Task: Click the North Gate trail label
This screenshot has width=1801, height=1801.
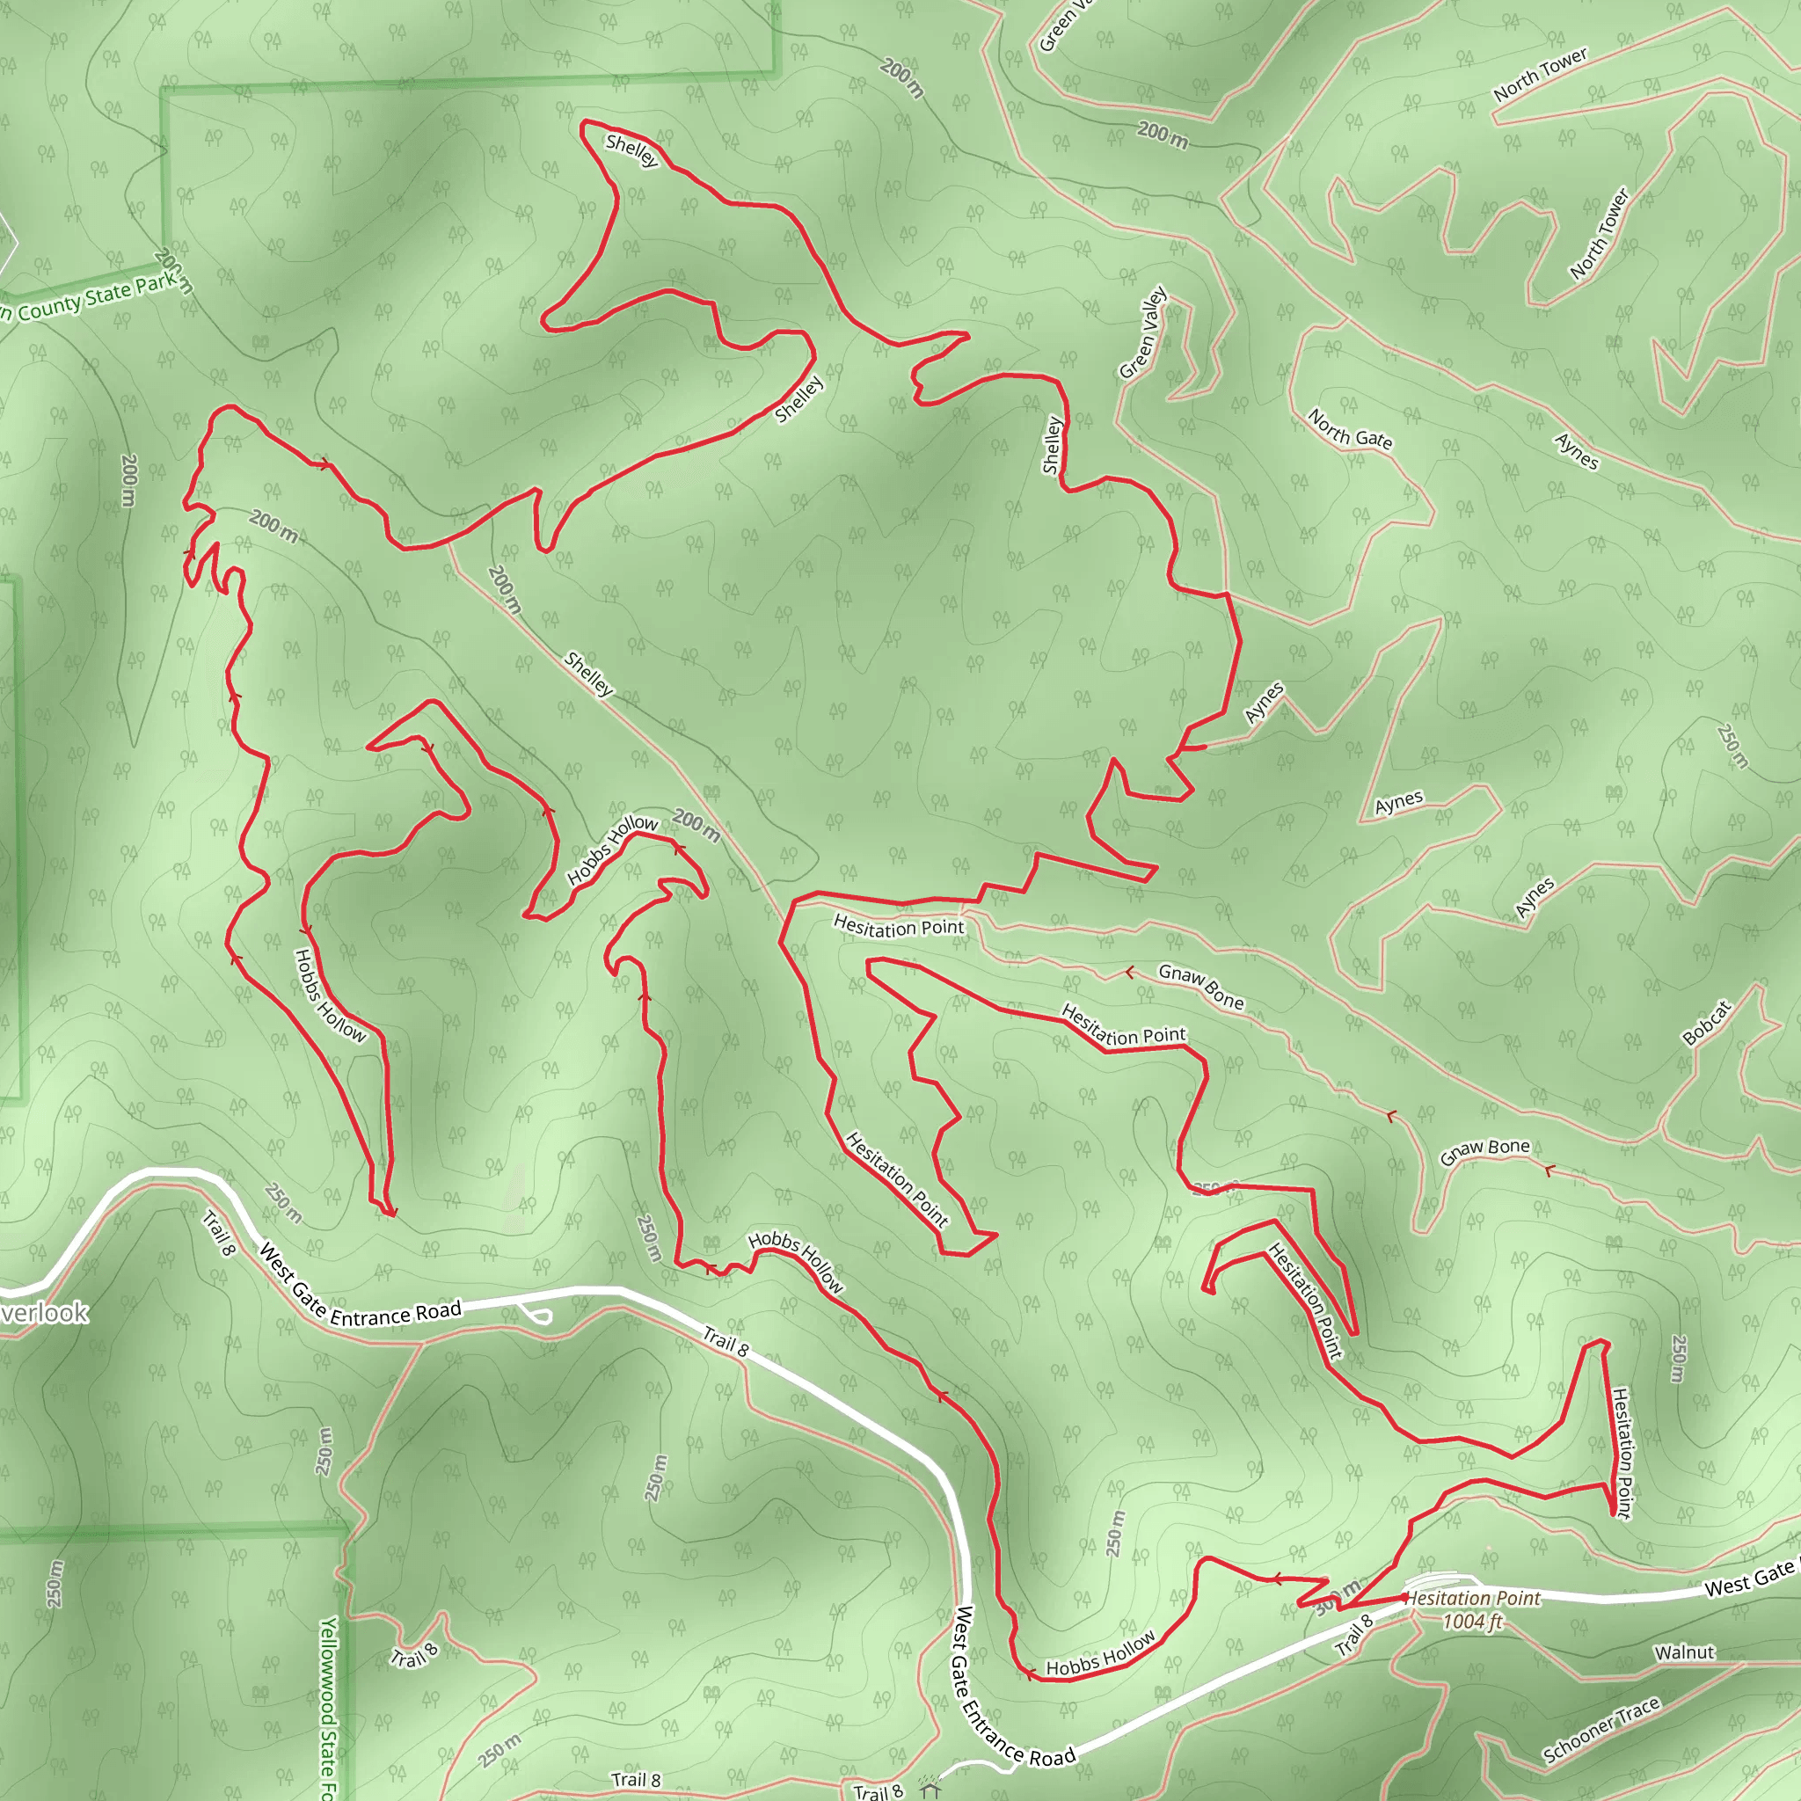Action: click(1349, 429)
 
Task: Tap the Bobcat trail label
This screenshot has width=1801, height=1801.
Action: click(1707, 1023)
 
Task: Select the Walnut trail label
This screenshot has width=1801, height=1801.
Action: click(1684, 1652)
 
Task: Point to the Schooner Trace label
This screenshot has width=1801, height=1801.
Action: click(1600, 1730)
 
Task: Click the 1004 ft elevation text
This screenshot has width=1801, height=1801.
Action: click(1472, 1622)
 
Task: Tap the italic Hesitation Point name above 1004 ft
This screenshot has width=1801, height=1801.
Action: click(1473, 1598)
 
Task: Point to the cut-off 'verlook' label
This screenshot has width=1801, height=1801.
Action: click(44, 1313)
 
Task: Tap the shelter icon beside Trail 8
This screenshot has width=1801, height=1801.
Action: click(930, 1790)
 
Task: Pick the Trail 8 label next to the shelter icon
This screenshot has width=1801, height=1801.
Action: click(879, 1790)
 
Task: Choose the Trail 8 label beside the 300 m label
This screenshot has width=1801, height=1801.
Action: click(1354, 1635)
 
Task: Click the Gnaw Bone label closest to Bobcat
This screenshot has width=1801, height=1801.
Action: click(1485, 1151)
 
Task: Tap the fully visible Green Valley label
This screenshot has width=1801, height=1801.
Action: click(1143, 332)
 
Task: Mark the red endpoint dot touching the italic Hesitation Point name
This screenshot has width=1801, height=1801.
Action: click(1404, 1598)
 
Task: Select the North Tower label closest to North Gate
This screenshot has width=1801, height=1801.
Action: click(1600, 234)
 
